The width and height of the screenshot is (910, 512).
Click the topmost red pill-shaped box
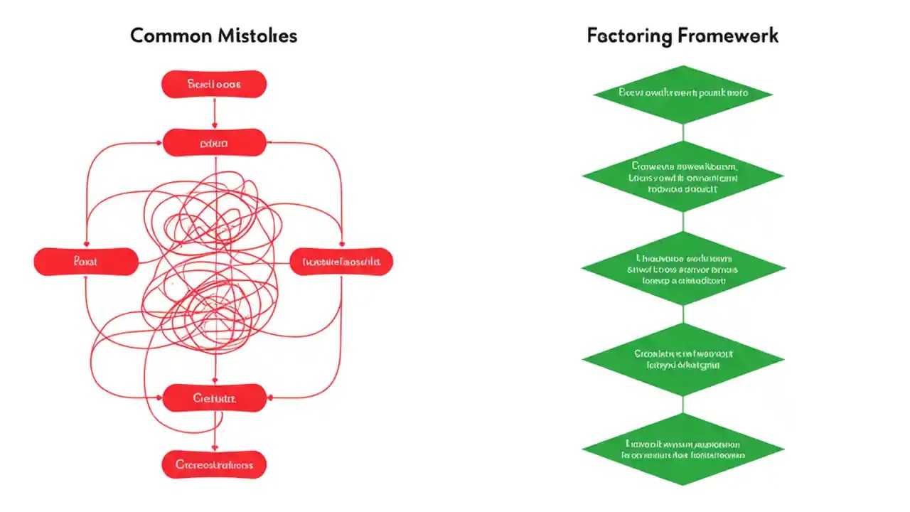click(x=214, y=84)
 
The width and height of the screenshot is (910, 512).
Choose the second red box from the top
click(x=214, y=143)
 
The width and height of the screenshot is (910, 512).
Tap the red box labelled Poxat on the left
click(x=86, y=262)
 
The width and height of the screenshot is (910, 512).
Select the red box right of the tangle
click(x=341, y=262)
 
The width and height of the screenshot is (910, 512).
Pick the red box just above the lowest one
click(x=214, y=398)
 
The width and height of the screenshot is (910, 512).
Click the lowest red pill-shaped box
click(x=214, y=465)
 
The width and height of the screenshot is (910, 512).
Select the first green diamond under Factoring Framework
click(x=682, y=93)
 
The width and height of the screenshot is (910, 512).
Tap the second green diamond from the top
click(x=682, y=176)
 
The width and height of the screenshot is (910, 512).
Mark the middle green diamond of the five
click(x=682, y=268)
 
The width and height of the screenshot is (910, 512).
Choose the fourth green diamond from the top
click(x=682, y=358)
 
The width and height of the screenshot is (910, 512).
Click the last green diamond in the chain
click(x=682, y=449)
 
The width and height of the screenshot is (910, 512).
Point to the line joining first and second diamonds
click(x=682, y=132)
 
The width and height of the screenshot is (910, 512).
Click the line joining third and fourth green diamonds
click(x=682, y=314)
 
